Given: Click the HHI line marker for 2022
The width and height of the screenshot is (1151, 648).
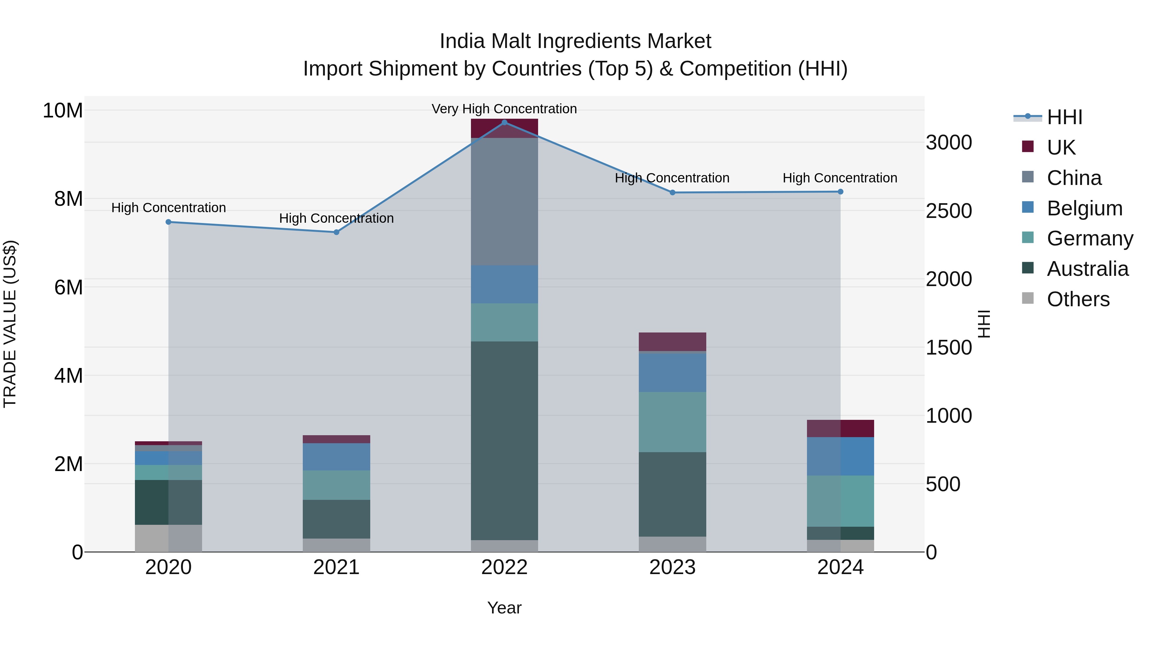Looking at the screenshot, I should [x=505, y=122].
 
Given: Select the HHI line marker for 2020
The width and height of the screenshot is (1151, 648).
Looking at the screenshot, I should [x=168, y=222].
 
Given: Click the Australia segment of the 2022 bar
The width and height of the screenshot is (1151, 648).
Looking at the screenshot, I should [x=505, y=441].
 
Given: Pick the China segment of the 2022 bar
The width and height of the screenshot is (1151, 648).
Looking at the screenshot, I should [x=505, y=201].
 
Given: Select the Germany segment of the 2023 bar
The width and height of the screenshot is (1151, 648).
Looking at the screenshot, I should [x=672, y=422].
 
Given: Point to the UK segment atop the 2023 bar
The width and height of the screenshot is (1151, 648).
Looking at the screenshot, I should [x=672, y=342].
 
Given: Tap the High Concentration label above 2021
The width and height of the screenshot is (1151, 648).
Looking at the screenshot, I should [x=336, y=218].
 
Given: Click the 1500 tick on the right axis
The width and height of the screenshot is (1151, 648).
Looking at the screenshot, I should [x=948, y=348].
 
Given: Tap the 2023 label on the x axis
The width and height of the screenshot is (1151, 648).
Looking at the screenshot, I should [x=672, y=567].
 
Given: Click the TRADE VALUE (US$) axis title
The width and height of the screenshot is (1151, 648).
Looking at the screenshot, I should [x=10, y=324].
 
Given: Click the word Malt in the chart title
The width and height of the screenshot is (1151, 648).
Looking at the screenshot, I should [x=516, y=41].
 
